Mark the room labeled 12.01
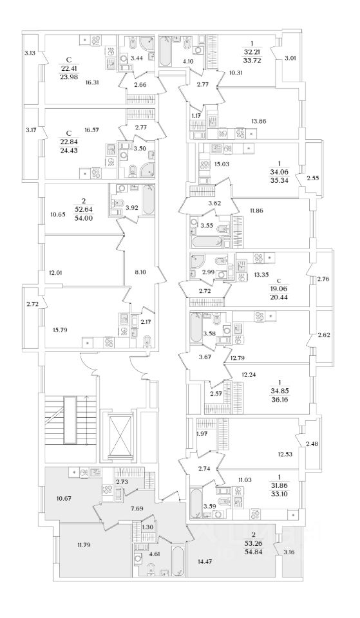(x=55, y=272)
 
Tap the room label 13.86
(x=258, y=122)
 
